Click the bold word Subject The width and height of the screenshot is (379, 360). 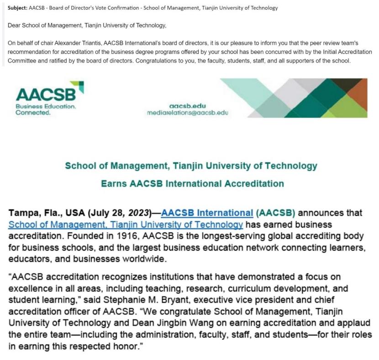coord(17,8)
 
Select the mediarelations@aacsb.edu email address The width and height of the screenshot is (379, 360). coord(187,112)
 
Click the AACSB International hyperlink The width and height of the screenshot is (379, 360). coord(207,213)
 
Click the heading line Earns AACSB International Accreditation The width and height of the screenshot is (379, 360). coord(192,184)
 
